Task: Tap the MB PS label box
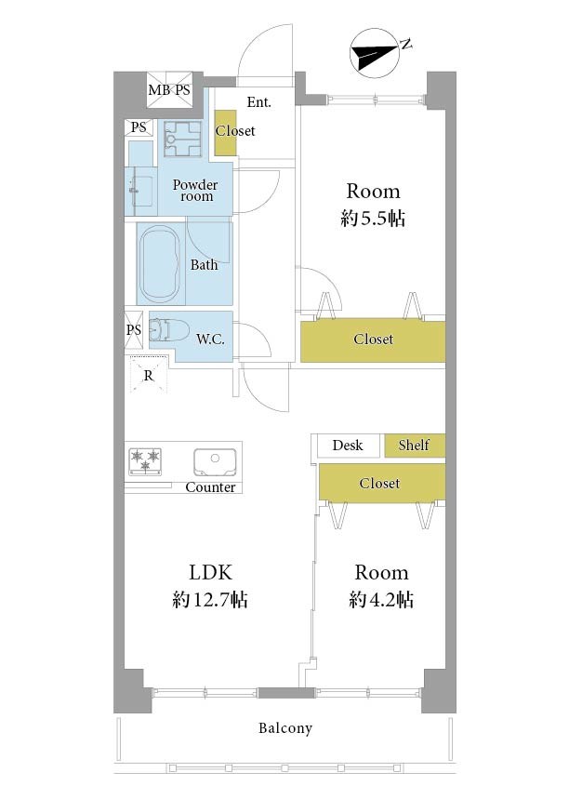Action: point(169,89)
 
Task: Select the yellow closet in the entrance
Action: point(225,132)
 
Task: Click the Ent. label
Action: point(258,102)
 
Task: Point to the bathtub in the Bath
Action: point(159,263)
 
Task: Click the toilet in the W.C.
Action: point(168,329)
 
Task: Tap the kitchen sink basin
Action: point(215,461)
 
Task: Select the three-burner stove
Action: point(146,461)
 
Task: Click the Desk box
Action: point(348,446)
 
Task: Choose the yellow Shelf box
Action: point(415,446)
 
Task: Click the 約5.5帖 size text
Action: point(373,219)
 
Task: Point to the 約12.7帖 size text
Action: point(210,599)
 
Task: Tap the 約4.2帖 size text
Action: point(381,599)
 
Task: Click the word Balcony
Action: point(285,728)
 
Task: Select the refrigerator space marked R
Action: point(148,375)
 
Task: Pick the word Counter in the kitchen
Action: point(210,487)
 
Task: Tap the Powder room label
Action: point(195,190)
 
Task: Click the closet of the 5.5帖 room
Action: point(373,340)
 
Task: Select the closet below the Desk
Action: point(382,482)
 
